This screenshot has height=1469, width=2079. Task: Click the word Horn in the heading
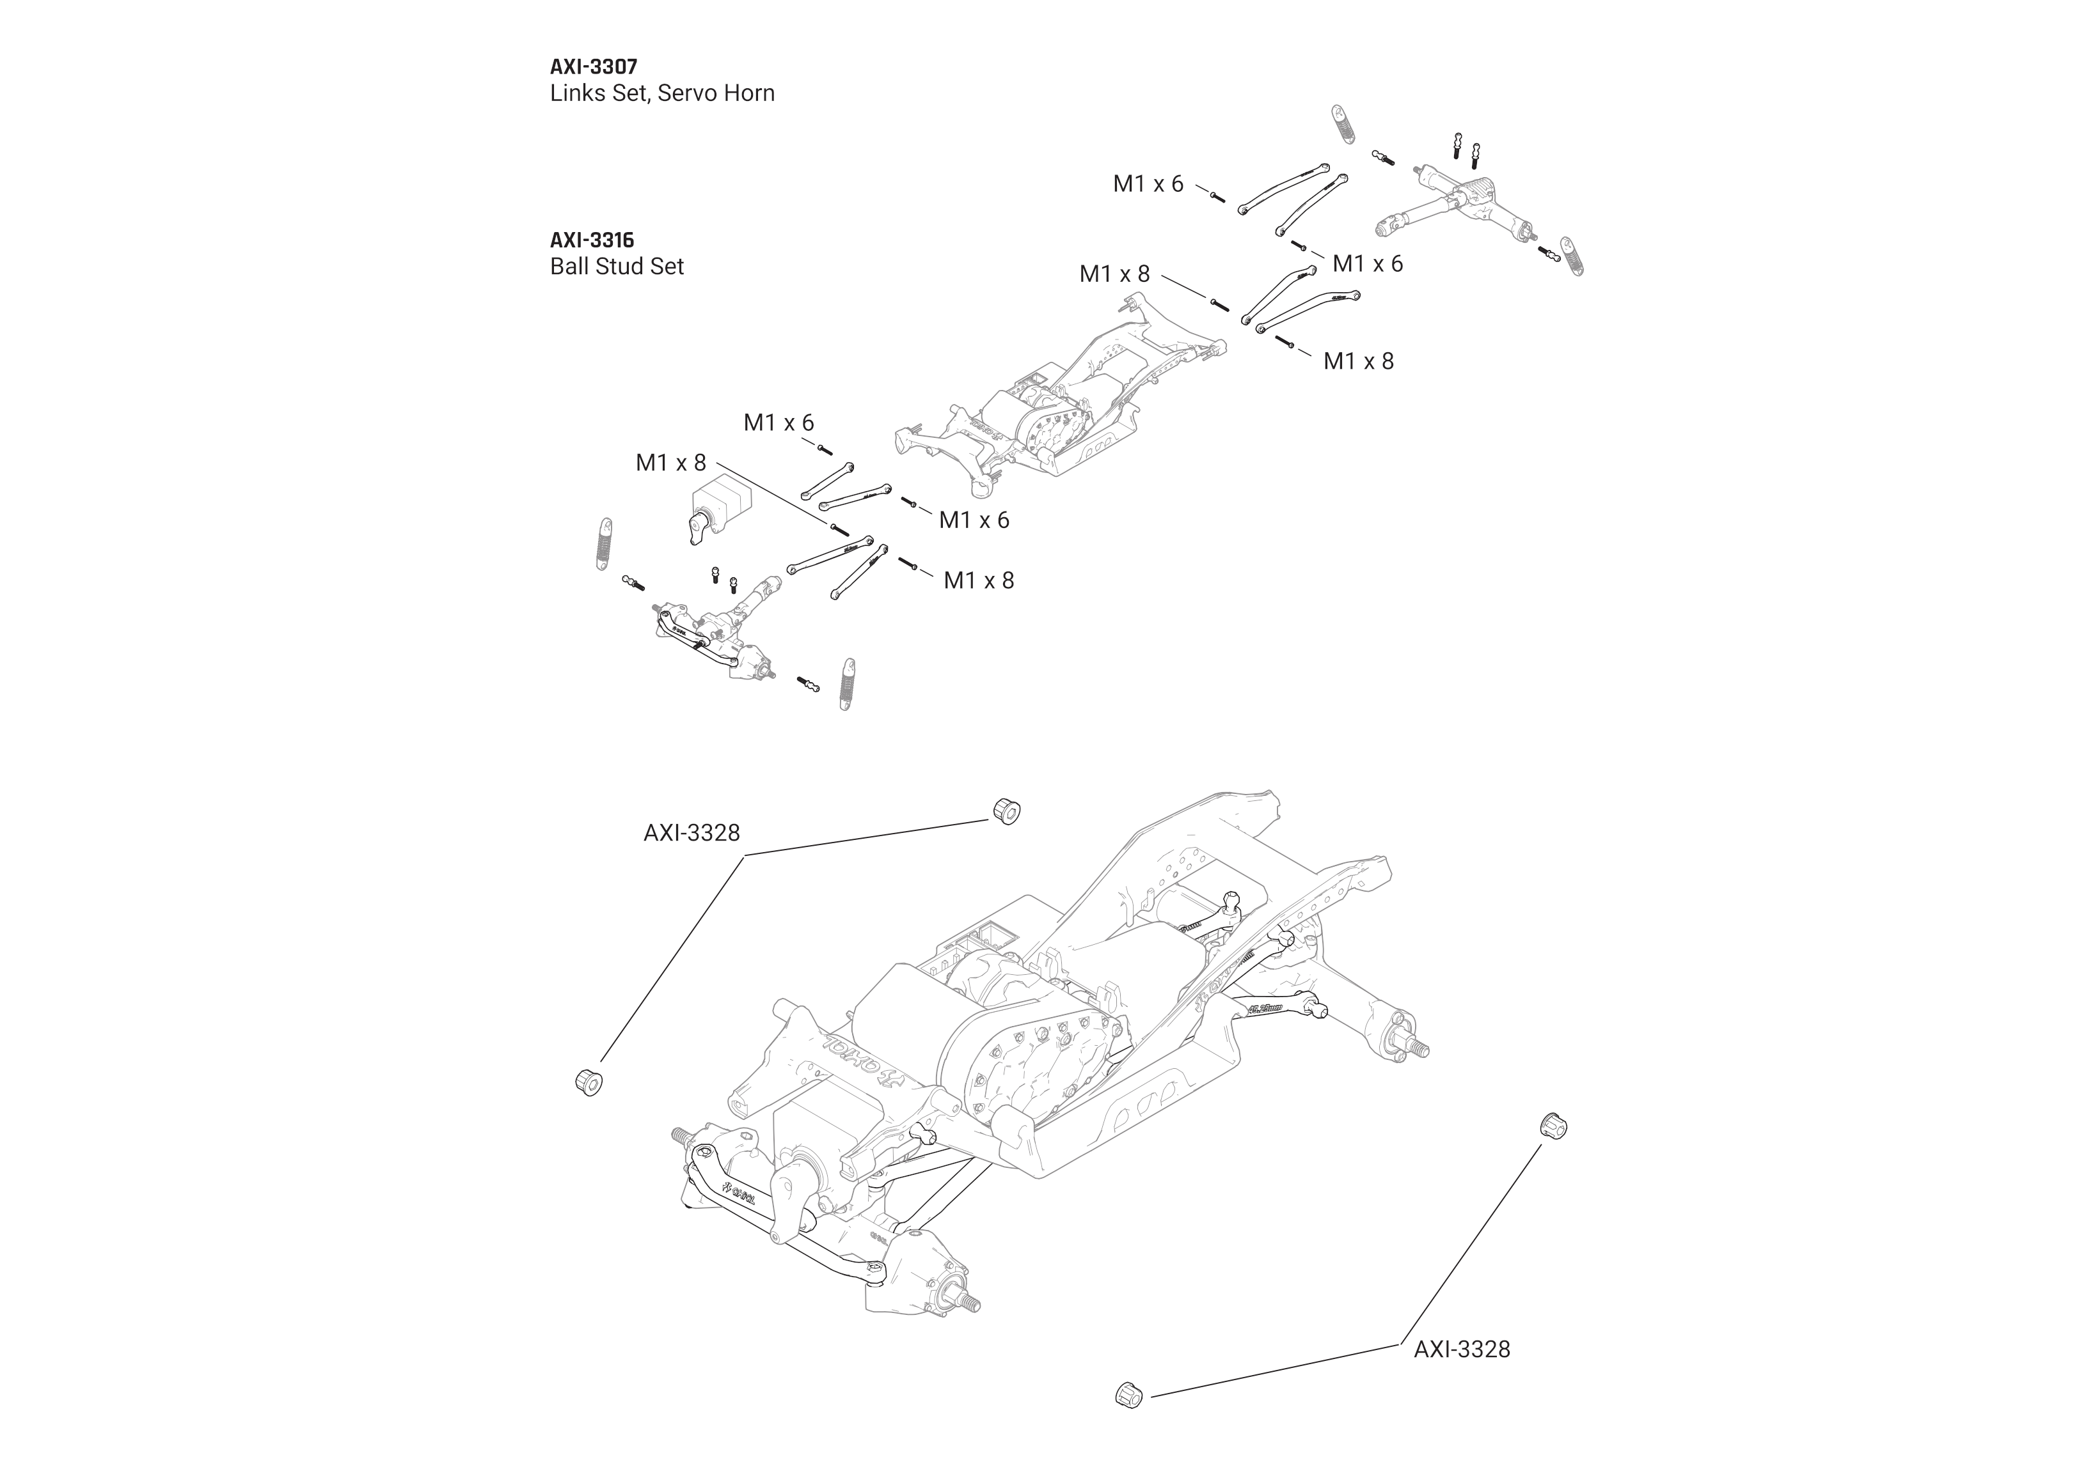[746, 93]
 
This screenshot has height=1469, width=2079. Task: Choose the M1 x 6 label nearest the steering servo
[778, 423]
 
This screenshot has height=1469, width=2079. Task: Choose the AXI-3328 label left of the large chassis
[691, 834]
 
